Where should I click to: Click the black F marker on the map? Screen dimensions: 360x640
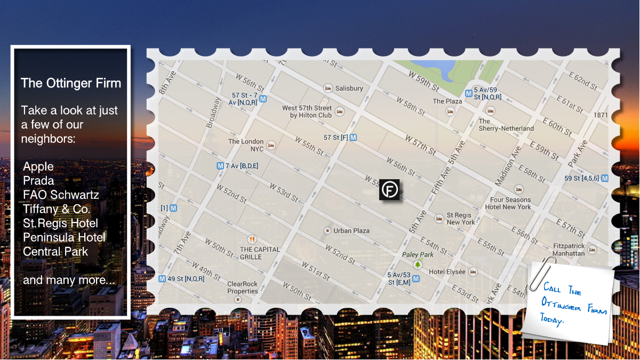coord(389,190)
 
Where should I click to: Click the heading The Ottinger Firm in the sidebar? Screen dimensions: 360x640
coord(71,83)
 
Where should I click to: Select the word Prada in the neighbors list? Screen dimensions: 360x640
coord(38,181)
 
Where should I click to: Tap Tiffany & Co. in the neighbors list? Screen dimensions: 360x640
coord(57,209)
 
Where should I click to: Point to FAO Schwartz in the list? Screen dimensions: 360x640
coord(61,195)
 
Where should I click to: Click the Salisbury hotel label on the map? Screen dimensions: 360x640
coord(349,89)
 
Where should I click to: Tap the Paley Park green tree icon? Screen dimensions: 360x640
coord(417,264)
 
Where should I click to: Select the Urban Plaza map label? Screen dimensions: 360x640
coord(351,231)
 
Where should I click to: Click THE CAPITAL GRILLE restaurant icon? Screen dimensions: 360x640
coord(252,239)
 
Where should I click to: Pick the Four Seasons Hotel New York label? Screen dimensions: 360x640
coord(510,203)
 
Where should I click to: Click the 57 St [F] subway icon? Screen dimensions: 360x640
coord(353,138)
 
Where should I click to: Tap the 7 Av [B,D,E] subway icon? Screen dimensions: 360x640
coord(220,166)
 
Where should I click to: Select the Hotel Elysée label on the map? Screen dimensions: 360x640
coord(447,271)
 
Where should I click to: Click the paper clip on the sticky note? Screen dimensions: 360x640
coord(540,273)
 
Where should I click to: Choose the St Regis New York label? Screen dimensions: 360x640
coord(460,219)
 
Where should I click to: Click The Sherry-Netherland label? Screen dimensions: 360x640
coord(506,125)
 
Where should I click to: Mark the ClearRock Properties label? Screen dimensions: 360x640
coord(243,287)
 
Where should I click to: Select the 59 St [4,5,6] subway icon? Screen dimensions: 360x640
coord(604,179)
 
